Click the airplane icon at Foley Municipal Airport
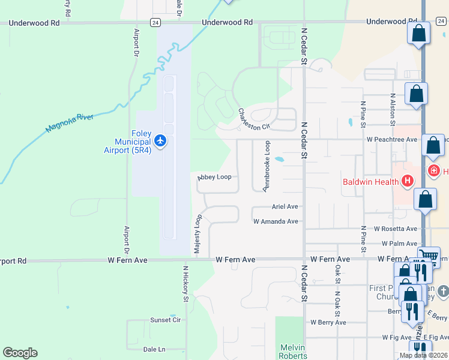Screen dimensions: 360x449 pyautogui.click(x=160, y=141)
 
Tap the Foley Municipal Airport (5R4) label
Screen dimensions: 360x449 pyautogui.click(x=128, y=142)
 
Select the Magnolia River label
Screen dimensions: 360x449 pyautogui.click(x=70, y=122)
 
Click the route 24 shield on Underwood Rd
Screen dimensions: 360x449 pyautogui.click(x=155, y=22)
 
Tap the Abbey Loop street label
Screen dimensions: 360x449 pyautogui.click(x=214, y=178)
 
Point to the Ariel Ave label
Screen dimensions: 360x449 pyautogui.click(x=285, y=206)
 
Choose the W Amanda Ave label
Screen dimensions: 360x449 pyautogui.click(x=276, y=221)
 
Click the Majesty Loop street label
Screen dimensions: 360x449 pyautogui.click(x=196, y=229)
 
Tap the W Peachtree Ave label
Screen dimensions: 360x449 pyautogui.click(x=392, y=139)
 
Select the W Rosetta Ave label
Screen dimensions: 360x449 pyautogui.click(x=395, y=229)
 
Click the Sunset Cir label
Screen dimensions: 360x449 pyautogui.click(x=165, y=320)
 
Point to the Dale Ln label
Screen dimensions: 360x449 pyautogui.click(x=154, y=349)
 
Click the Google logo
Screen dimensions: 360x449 pyautogui.click(x=20, y=353)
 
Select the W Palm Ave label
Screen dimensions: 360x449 pyautogui.click(x=399, y=244)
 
